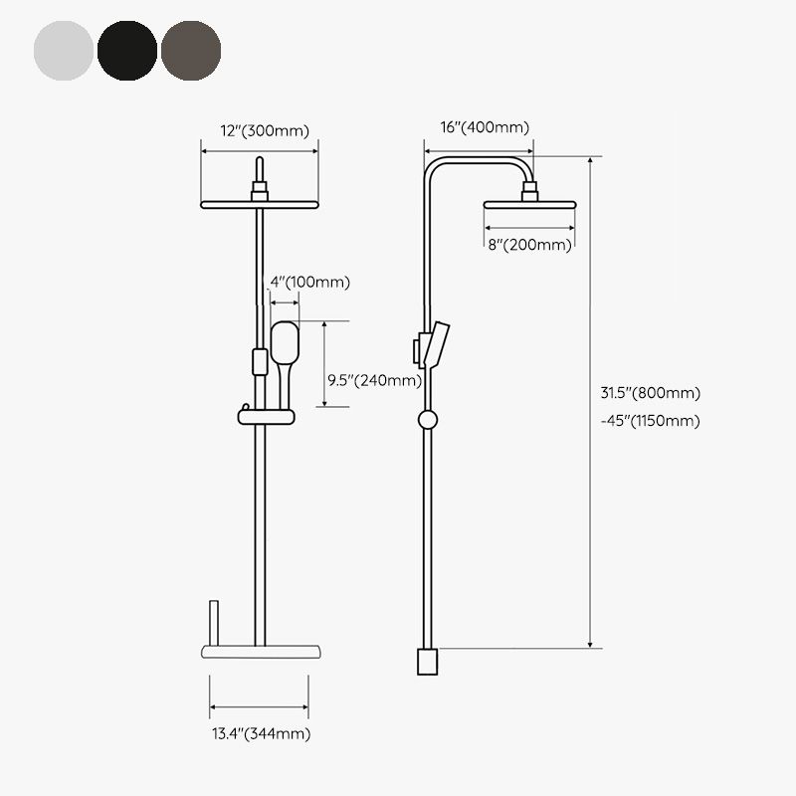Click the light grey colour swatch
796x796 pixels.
pos(64,49)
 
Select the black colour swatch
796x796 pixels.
pos(127,49)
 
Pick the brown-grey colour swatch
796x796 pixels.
pos(191,49)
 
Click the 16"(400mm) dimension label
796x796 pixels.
pos(484,126)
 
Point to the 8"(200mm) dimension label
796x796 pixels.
pos(529,244)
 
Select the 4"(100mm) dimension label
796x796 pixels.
pos(310,283)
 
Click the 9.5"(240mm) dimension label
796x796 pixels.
pos(374,379)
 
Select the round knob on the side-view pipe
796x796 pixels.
pos(428,419)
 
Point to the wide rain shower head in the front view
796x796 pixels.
pos(260,204)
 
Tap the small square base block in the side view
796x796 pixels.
pos(427,661)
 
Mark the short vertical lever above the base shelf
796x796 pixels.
pos(211,621)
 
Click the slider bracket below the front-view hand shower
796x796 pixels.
pos(266,415)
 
